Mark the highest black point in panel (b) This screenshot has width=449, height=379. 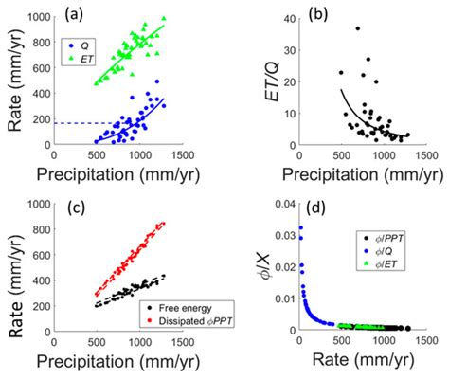click(x=357, y=28)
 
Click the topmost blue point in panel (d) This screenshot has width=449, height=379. click(x=300, y=227)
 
